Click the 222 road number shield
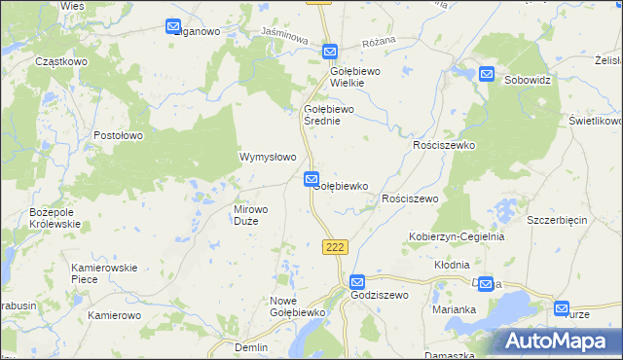click(x=335, y=247)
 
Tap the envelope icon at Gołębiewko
click(x=311, y=179)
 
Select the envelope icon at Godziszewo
click(x=357, y=281)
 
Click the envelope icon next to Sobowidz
click(x=487, y=73)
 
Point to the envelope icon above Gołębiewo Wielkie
click(x=330, y=52)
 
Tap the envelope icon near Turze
click(x=563, y=308)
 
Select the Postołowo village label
click(x=120, y=135)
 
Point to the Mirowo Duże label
click(x=259, y=215)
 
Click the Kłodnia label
click(x=452, y=265)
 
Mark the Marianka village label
click(x=454, y=309)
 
